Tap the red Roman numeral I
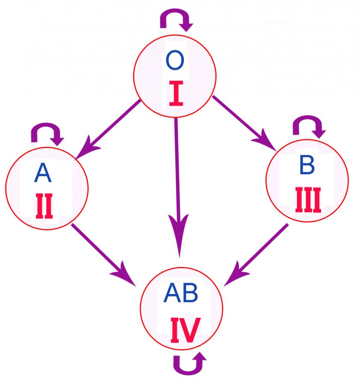coord(176,95)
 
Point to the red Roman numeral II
coord(45,207)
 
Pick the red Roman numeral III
coord(308,200)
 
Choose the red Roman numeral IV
coord(185,330)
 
